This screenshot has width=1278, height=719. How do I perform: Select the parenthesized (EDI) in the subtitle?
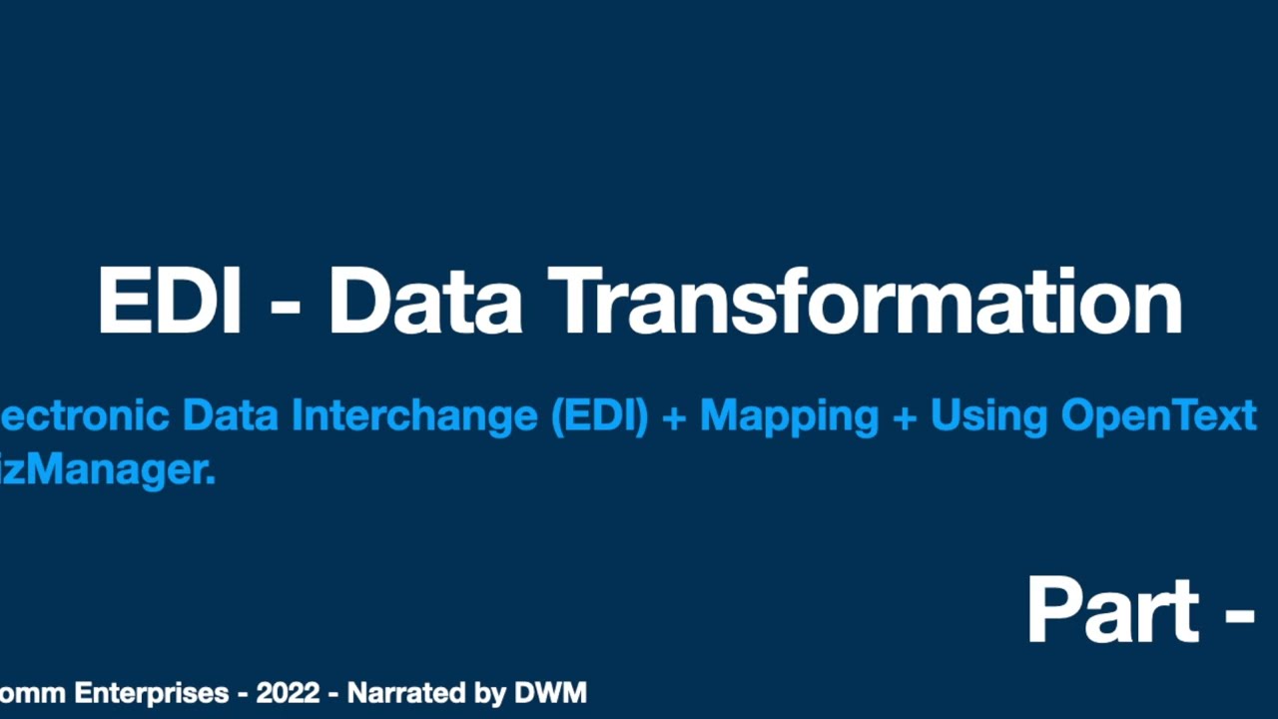(x=599, y=415)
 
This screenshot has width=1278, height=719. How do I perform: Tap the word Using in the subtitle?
(x=988, y=415)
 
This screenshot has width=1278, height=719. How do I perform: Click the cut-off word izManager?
(x=108, y=468)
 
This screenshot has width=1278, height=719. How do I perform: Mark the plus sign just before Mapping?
(x=674, y=417)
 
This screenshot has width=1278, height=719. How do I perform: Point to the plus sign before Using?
(x=905, y=417)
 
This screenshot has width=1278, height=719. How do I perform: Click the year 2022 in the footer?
(x=288, y=692)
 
